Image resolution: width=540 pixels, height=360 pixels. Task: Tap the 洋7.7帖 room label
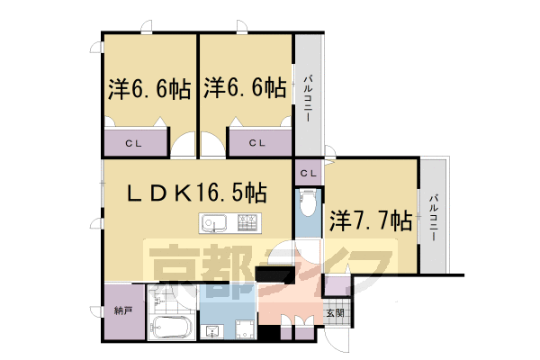click(370, 220)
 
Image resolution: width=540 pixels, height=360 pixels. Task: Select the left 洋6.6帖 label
click(149, 89)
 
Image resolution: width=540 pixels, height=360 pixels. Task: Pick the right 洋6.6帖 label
click(245, 89)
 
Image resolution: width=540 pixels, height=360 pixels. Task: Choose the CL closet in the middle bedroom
click(258, 141)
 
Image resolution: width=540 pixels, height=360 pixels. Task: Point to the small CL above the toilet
click(307, 172)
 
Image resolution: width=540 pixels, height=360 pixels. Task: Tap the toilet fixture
click(308, 206)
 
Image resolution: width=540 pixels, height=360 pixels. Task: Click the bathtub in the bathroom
click(169, 328)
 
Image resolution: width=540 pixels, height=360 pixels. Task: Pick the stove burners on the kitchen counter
click(249, 221)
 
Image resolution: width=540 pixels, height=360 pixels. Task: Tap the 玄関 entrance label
click(334, 312)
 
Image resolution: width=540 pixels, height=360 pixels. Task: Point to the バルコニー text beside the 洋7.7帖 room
click(434, 217)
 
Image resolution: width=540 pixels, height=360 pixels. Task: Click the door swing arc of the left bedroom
click(184, 143)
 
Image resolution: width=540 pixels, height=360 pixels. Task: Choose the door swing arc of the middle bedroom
click(212, 143)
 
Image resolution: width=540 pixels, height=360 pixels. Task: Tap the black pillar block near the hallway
click(269, 274)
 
